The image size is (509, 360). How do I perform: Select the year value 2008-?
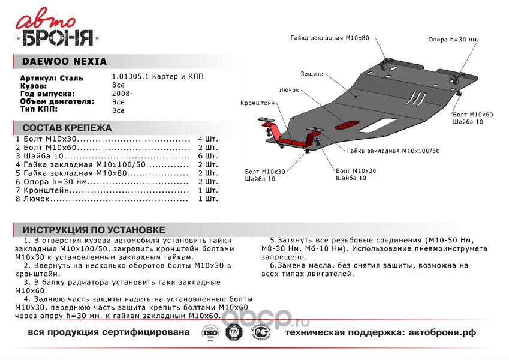pos(122,94)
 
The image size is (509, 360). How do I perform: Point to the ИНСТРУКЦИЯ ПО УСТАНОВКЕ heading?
pos(94,230)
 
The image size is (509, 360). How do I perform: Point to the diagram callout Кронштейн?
pos(258,103)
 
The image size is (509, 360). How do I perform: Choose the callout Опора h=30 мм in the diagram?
pos(453,40)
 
